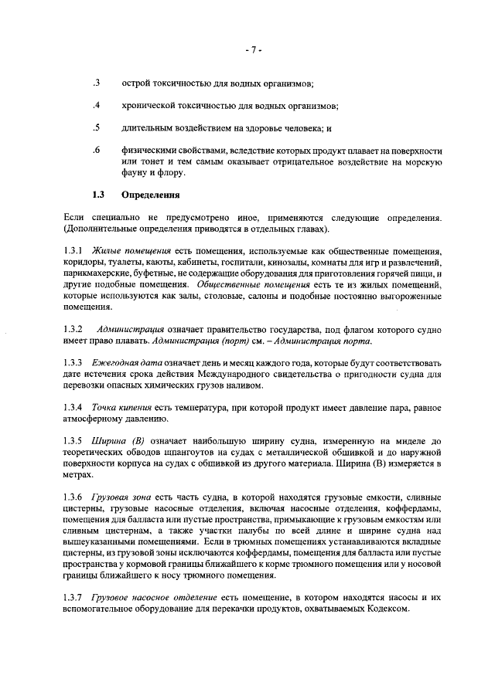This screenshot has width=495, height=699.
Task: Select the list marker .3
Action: point(96,83)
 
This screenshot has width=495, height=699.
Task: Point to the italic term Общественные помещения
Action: point(243,285)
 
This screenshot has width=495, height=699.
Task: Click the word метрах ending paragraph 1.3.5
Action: point(80,475)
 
